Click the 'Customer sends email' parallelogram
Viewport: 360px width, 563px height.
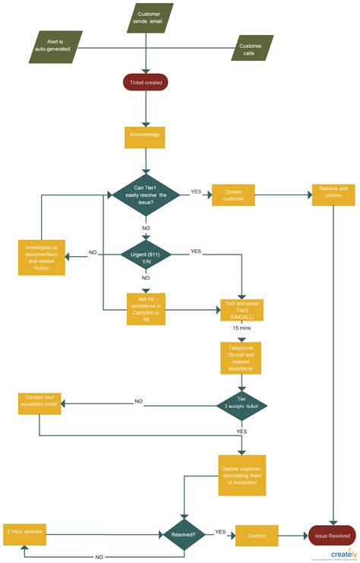(149, 17)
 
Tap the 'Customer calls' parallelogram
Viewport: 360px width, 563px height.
(251, 47)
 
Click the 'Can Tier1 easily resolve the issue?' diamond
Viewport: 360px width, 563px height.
(146, 195)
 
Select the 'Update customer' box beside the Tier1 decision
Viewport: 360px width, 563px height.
(232, 195)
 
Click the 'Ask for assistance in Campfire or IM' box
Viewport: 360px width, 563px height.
(145, 309)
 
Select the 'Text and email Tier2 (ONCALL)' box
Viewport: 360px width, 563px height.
(242, 309)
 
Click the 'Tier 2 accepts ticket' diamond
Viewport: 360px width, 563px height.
(242, 404)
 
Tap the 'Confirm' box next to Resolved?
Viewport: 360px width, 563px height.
(257, 535)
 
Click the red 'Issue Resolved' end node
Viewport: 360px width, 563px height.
(333, 535)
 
